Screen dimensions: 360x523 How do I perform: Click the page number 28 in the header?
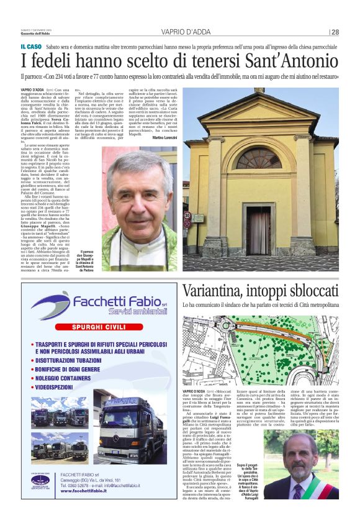click(335, 32)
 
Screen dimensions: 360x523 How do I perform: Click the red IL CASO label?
click(31, 47)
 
